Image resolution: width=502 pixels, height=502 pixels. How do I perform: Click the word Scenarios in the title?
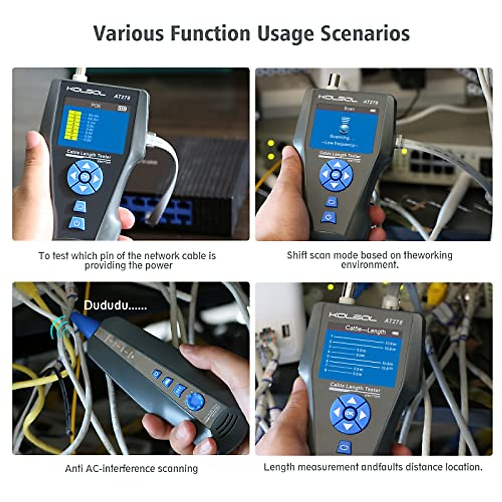(x=365, y=33)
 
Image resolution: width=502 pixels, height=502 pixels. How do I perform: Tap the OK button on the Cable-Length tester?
(x=350, y=413)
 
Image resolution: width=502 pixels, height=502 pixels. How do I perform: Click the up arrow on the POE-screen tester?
(x=86, y=166)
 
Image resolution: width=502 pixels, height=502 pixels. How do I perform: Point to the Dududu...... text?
(x=115, y=306)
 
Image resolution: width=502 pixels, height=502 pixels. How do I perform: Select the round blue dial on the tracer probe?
(x=195, y=401)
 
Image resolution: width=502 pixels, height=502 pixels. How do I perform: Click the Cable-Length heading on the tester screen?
(x=365, y=330)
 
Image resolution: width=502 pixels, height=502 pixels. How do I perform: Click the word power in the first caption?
(x=159, y=266)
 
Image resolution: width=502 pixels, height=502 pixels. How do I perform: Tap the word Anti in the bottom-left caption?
(x=74, y=469)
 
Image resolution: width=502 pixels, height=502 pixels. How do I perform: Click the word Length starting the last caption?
(x=279, y=467)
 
